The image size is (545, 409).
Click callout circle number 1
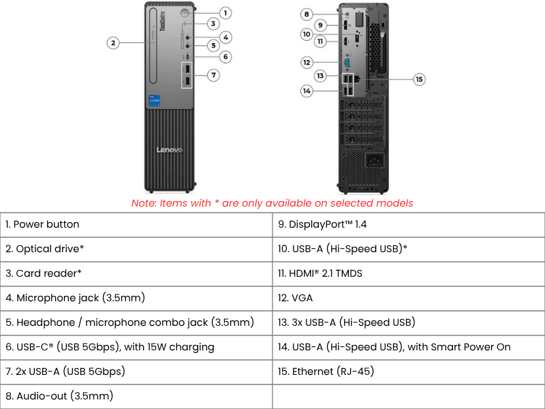coord(226,12)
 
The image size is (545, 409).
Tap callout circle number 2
coord(114,43)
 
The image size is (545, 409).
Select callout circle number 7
coord(214,75)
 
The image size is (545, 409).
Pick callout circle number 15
coord(419,79)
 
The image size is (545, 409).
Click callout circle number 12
coord(307,62)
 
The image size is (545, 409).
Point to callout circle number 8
coord(307,14)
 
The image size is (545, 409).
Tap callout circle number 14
coord(307,91)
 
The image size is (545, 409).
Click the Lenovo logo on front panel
coord(170,150)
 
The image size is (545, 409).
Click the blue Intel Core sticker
coord(155,100)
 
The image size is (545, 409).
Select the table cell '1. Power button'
coord(136,224)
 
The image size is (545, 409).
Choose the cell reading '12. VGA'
coord(409,298)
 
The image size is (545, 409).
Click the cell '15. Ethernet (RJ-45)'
coord(409,372)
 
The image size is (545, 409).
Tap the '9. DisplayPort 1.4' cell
coord(409,224)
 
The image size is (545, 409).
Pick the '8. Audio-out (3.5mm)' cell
coord(136,396)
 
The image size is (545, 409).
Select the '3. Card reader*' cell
coord(136,273)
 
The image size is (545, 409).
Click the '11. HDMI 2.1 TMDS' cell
coord(409,273)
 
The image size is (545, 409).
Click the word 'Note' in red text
coord(143,203)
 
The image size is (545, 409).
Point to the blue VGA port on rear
coord(347,62)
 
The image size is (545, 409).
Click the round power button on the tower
coord(185,12)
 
